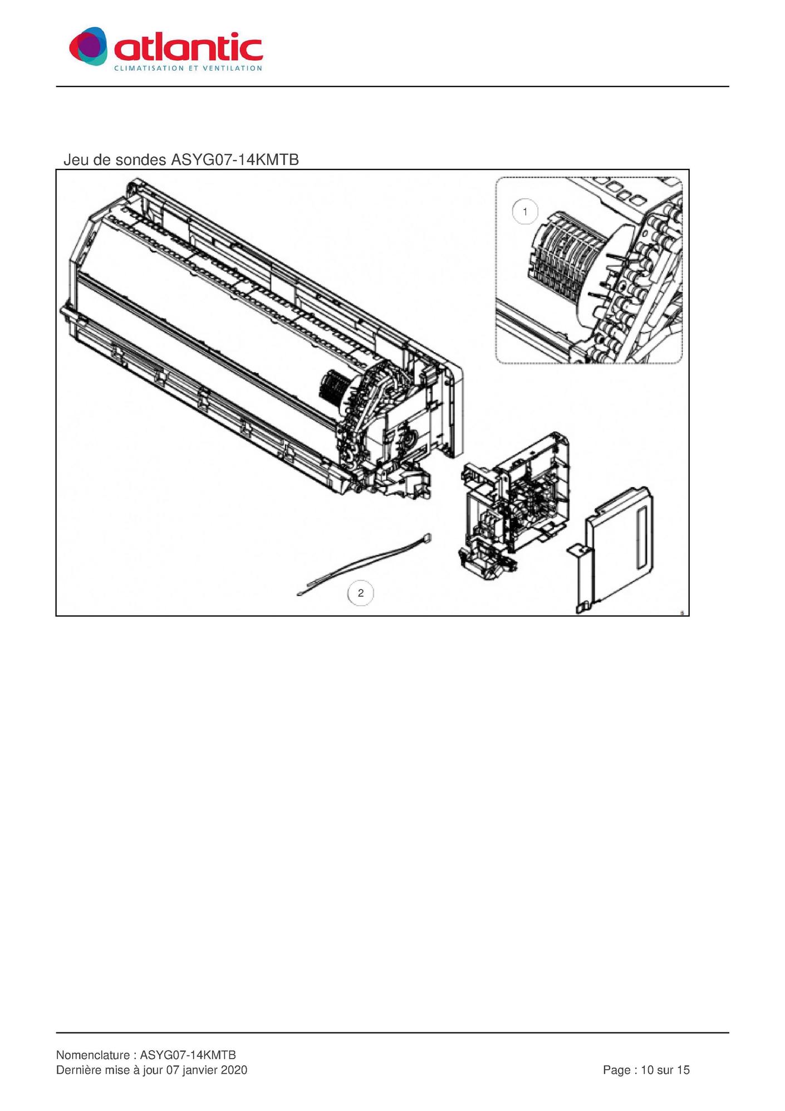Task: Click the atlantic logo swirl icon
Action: (88, 46)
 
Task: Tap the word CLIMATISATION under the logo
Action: (149, 69)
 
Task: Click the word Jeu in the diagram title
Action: (75, 160)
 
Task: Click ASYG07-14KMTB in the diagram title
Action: (235, 160)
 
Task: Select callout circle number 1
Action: (525, 212)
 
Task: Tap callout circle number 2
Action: (361, 593)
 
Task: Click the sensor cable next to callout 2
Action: (365, 564)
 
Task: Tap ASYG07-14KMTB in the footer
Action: (188, 1055)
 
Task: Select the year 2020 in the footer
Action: (234, 1070)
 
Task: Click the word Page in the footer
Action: (617, 1070)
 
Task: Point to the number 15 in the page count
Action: (683, 1070)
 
